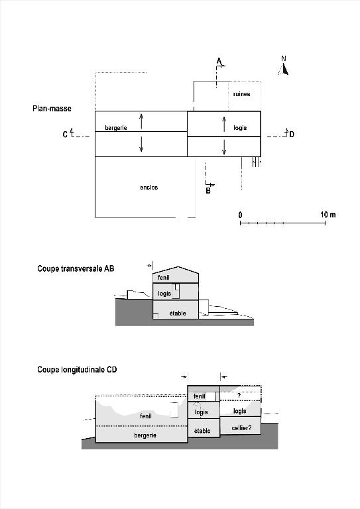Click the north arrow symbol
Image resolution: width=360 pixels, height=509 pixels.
click(x=283, y=69)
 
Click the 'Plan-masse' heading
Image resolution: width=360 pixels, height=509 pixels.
click(x=52, y=109)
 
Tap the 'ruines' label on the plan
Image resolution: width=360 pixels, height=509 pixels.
click(x=241, y=94)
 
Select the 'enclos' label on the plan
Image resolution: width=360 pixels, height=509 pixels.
click(x=149, y=188)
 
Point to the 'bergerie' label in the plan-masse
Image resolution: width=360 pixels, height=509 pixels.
click(x=116, y=128)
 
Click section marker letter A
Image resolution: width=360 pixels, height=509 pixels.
click(x=219, y=61)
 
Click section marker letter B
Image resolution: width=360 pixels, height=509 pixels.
click(x=208, y=191)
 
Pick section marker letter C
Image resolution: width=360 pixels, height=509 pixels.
click(x=65, y=135)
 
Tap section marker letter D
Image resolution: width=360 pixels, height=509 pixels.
click(x=292, y=135)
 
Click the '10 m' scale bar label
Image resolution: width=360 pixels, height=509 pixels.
click(x=328, y=215)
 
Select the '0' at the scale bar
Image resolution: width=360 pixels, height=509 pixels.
click(x=240, y=215)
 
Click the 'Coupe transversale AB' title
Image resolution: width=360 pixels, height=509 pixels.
click(x=76, y=268)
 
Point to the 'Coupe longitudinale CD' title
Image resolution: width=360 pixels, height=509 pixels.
click(x=77, y=369)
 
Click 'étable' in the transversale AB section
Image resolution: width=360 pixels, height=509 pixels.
click(x=178, y=313)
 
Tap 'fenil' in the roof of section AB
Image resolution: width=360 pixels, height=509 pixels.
click(x=164, y=278)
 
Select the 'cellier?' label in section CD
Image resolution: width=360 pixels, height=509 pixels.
click(x=241, y=428)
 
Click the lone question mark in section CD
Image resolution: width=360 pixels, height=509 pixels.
click(x=239, y=396)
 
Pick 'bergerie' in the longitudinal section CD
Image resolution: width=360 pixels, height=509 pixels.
click(x=145, y=435)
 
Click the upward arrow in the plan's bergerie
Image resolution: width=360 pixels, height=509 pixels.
click(x=141, y=121)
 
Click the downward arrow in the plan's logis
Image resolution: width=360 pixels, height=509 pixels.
click(x=224, y=146)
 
